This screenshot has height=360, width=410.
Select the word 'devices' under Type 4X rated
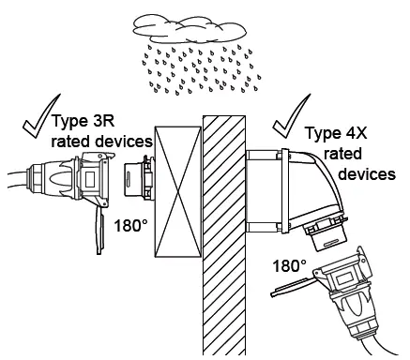(363, 175)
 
